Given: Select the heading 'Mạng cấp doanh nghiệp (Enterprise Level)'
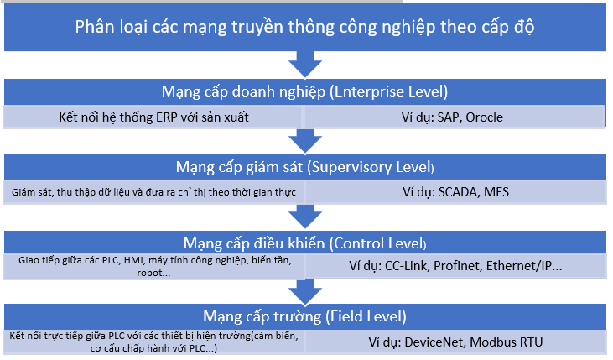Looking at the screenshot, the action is point(305,91).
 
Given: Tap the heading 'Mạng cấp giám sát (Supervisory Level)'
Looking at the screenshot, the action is point(305,167).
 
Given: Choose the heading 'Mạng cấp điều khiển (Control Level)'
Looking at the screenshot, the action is point(305,243).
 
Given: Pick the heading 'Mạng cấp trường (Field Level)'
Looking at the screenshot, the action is point(305,316).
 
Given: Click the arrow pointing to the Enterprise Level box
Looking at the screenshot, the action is point(305,65).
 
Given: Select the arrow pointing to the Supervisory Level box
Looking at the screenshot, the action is point(305,141).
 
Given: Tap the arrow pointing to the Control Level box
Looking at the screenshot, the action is point(305,216).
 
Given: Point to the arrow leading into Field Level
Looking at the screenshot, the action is point(305,291).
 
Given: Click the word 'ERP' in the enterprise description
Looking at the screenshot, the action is point(167,117).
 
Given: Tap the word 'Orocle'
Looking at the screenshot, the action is point(485,117).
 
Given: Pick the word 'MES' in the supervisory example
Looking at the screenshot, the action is point(496,192).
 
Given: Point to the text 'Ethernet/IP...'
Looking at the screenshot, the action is point(524,266).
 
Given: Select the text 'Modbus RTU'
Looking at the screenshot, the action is point(507,342).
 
